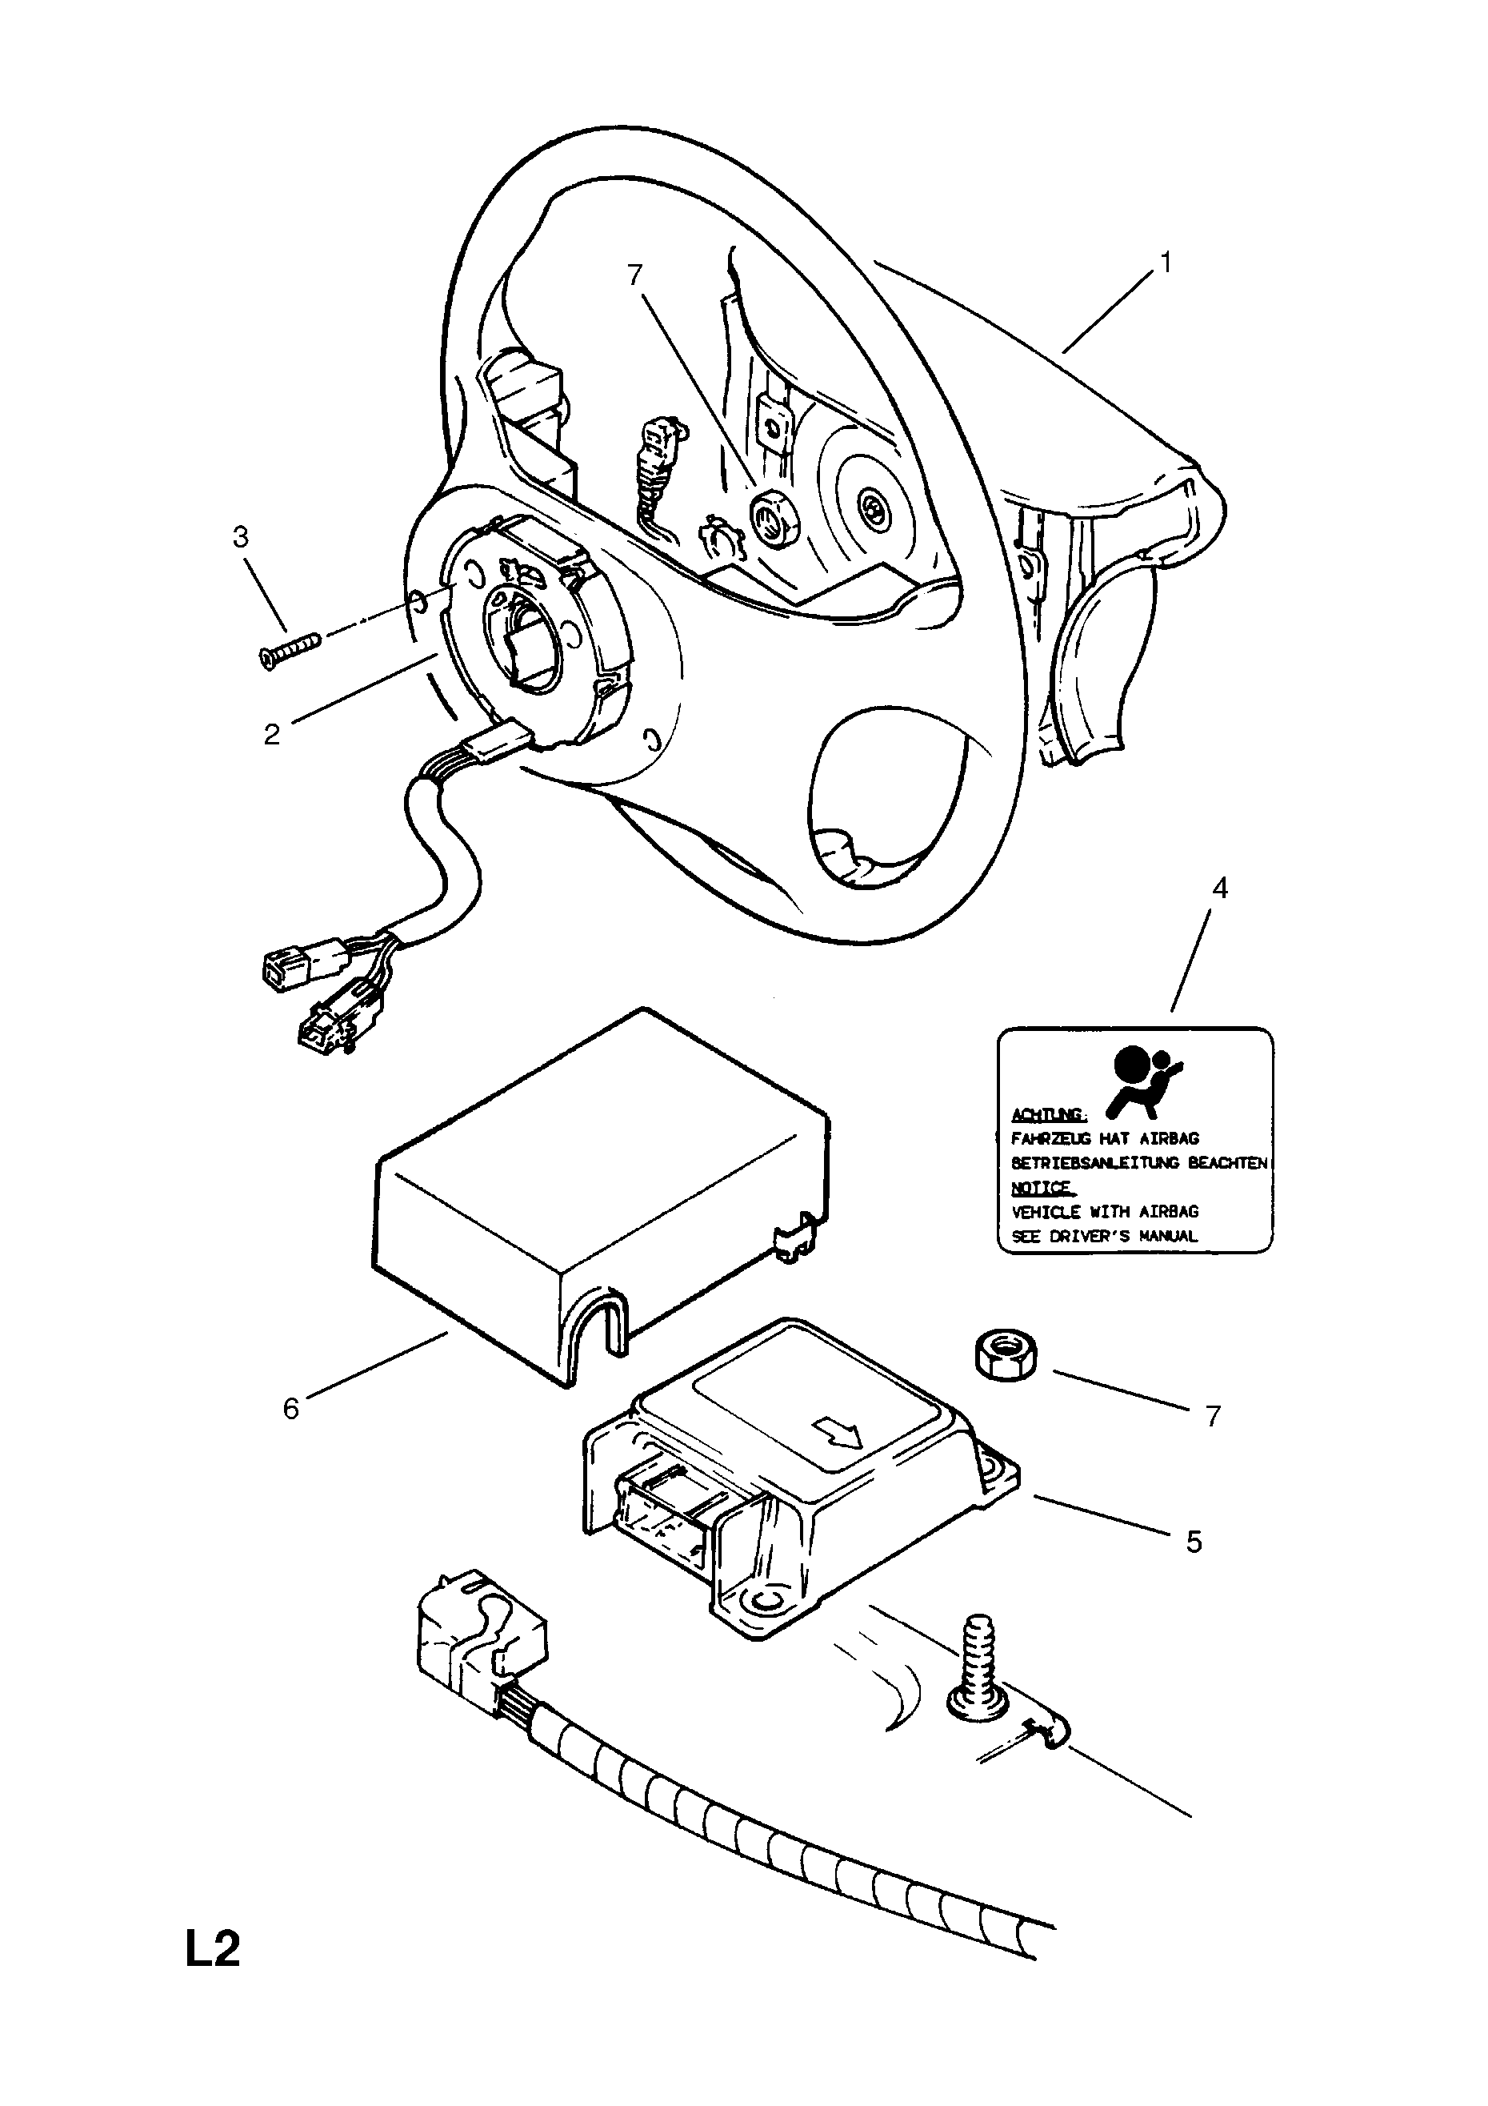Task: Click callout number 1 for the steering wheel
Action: click(1166, 263)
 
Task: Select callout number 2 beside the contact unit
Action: click(271, 735)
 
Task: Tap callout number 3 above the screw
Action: click(240, 536)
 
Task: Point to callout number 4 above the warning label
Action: click(1219, 887)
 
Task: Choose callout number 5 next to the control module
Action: click(1193, 1541)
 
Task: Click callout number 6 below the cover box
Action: click(290, 1409)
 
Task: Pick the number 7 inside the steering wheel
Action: click(634, 275)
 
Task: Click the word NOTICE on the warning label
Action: click(1042, 1188)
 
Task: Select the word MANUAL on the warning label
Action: click(1168, 1236)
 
